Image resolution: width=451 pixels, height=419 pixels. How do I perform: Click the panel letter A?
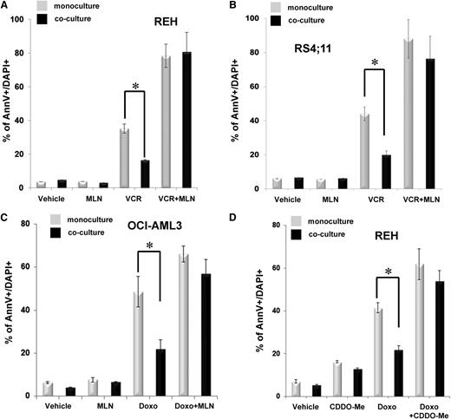6,6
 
